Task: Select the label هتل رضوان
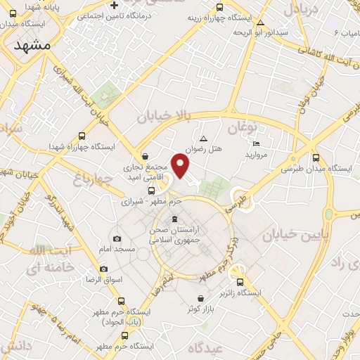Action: pyautogui.click(x=203, y=149)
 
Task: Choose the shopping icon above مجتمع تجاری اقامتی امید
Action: pyautogui.click(x=145, y=156)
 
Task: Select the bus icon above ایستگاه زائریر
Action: pyautogui.click(x=240, y=281)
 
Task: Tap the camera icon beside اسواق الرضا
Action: pyautogui.click(x=104, y=269)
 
